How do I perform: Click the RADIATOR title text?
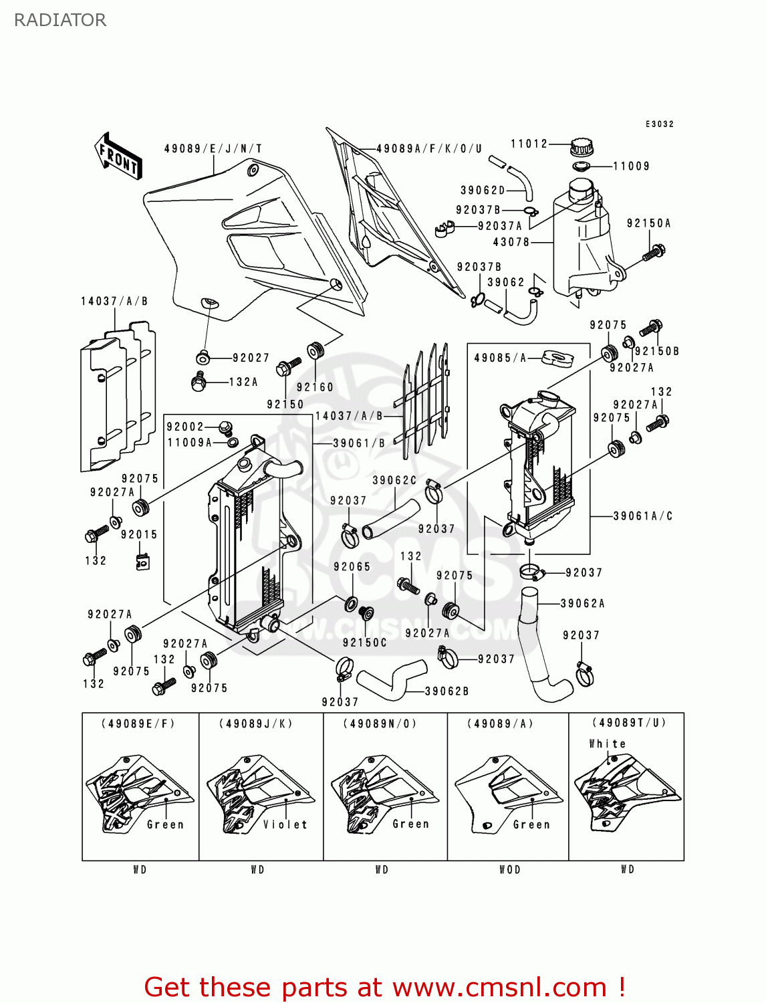coord(59,20)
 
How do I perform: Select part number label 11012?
coord(529,144)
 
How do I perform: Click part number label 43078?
coord(511,242)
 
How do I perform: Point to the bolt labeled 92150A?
coord(654,253)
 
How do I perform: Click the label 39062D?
coord(483,191)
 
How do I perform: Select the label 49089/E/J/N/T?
coord(213,148)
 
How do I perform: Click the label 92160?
coord(315,387)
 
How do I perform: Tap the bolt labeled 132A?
coord(198,382)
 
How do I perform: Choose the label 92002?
coord(185,427)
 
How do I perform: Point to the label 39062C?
coord(394,480)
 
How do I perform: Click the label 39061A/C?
coord(642,516)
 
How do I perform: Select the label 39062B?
coord(446,691)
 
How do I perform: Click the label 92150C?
coord(364,643)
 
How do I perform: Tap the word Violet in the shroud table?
coord(285,824)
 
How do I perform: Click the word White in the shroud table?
coord(607,744)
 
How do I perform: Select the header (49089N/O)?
coord(380,723)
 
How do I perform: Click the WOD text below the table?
coord(510,869)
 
